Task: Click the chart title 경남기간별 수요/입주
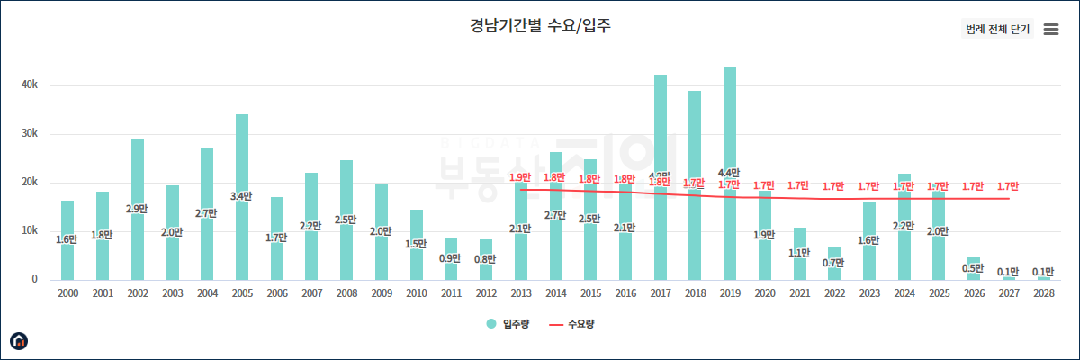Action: click(x=540, y=25)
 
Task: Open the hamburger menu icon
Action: click(x=1050, y=29)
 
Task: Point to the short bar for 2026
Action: click(x=974, y=268)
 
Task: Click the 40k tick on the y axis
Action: click(x=29, y=85)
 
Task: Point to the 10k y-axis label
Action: click(x=29, y=230)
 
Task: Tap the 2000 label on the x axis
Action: click(x=67, y=292)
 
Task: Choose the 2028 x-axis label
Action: click(x=1043, y=292)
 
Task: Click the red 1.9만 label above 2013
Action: click(x=520, y=178)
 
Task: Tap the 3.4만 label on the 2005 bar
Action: click(x=242, y=196)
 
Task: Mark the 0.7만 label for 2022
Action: click(x=834, y=262)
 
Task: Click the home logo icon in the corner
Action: click(x=19, y=340)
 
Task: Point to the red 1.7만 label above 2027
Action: click(x=1008, y=186)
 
